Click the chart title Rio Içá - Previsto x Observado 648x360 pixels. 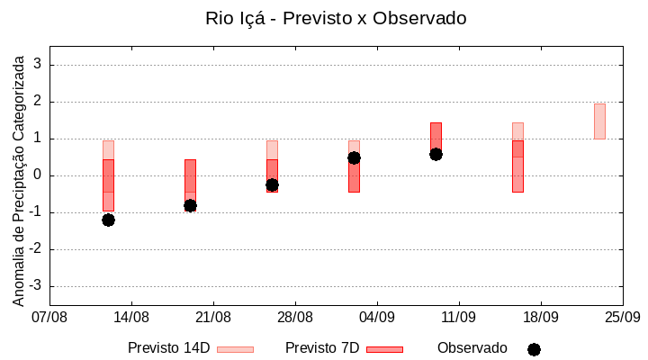coord(336,18)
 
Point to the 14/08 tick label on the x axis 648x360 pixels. coord(131,317)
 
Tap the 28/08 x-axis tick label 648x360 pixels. coord(295,317)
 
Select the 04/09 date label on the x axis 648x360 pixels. coord(377,317)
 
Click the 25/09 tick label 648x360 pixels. coord(622,317)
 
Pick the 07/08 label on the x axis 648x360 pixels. coord(49,317)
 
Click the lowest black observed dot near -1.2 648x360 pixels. coord(108,220)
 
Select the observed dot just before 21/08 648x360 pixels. coord(190,205)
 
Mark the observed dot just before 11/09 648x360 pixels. coord(436,154)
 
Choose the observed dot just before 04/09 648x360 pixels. coord(354,157)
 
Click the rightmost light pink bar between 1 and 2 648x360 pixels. coord(599,121)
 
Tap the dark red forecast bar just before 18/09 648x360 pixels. coord(517,166)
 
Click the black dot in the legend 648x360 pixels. coord(534,349)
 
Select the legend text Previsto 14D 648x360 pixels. coord(168,348)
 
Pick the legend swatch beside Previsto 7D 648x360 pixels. coord(384,349)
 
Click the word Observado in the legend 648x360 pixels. coord(472,348)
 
